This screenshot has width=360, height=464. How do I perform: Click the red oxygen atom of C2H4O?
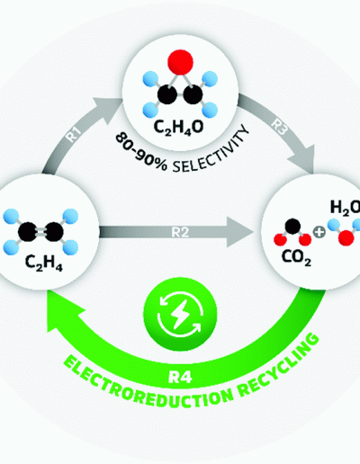[180, 62]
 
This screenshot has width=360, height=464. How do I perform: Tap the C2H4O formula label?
[178, 127]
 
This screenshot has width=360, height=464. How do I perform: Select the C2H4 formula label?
[44, 263]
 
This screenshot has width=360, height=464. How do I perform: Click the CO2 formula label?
[296, 257]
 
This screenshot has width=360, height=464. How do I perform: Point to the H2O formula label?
[345, 208]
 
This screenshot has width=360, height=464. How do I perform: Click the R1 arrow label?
[73, 135]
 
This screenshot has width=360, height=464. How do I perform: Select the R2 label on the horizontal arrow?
[180, 232]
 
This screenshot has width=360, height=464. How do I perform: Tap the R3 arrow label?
[279, 127]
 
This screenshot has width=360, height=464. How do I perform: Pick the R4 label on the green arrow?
[180, 378]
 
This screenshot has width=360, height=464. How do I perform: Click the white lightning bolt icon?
[179, 313]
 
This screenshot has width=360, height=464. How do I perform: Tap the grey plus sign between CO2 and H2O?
[319, 232]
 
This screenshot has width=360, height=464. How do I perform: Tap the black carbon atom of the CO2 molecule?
[292, 227]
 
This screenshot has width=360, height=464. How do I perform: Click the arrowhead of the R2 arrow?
[239, 232]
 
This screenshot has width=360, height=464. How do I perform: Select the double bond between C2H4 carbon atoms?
[40, 232]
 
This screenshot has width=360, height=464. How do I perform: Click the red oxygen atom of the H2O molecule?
[346, 238]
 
